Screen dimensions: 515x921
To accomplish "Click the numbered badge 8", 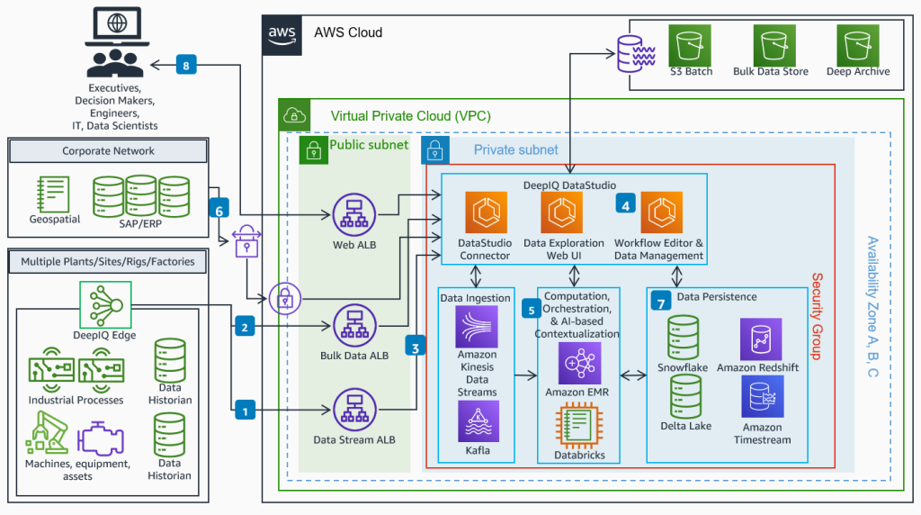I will coord(186,66).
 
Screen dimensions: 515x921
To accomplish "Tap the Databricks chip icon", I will coord(573,427).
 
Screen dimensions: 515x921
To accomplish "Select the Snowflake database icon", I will coord(684,337).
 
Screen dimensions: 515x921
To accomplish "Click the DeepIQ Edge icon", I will coord(105,306).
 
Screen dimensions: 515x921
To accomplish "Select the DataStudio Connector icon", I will coord(485,213).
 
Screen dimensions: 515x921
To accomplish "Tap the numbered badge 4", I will coord(625,205).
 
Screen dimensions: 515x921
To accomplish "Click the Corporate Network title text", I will coord(108,151).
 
